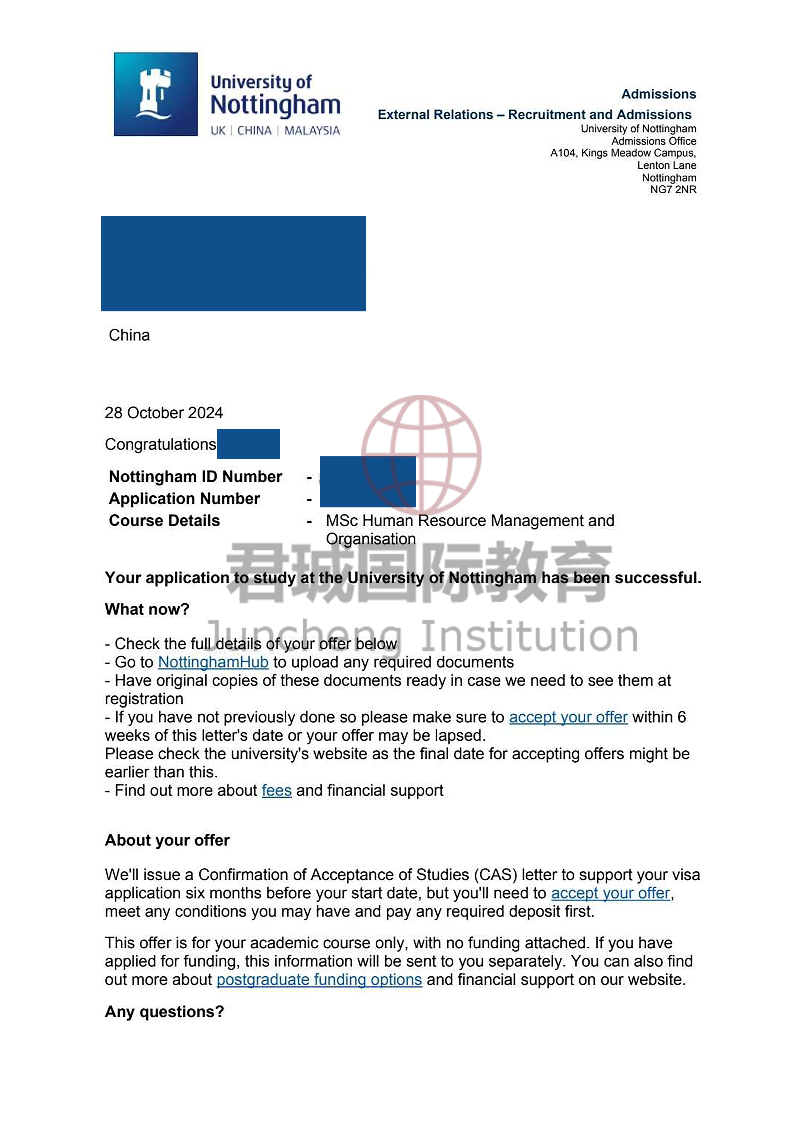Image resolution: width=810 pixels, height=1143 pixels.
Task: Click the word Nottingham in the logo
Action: point(275,105)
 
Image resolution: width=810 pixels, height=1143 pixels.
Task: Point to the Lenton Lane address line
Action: point(666,165)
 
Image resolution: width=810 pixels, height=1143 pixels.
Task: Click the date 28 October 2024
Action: point(164,413)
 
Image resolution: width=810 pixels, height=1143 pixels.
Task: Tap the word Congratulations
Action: point(160,444)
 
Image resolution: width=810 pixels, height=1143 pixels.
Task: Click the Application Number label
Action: point(184,498)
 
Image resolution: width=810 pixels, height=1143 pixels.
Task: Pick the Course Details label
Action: point(164,520)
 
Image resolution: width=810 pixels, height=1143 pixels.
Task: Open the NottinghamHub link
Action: point(213,662)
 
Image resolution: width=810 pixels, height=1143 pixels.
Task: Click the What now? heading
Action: point(147,609)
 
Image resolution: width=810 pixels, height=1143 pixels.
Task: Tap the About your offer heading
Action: point(167,840)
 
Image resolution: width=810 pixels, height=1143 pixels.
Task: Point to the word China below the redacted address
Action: point(129,335)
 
